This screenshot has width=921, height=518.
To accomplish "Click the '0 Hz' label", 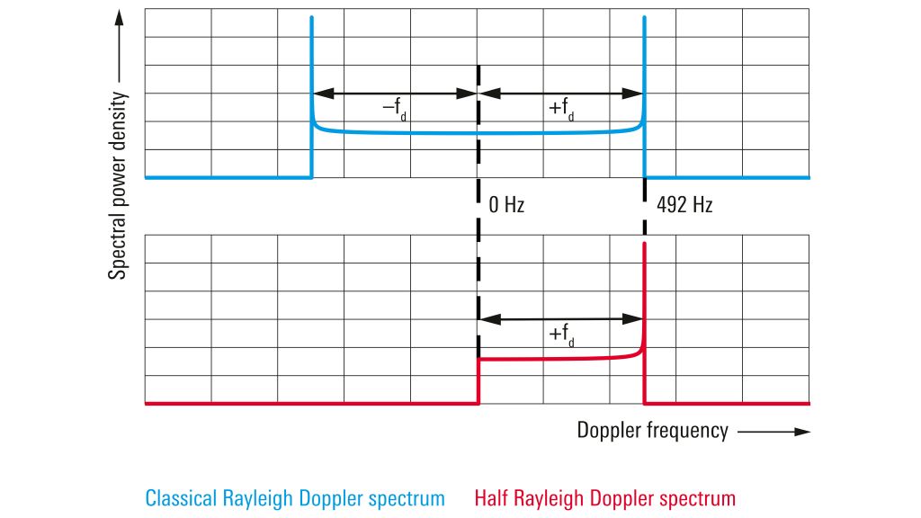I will pos(506,205).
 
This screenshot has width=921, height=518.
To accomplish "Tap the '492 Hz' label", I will pos(684,205).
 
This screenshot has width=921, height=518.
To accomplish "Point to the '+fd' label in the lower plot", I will pos(562,335).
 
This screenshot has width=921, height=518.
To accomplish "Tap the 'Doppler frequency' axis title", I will pos(652,431).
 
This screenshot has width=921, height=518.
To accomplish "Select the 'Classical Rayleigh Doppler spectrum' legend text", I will pos(295,497).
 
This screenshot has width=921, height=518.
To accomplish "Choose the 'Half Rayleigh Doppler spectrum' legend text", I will pos(604,497).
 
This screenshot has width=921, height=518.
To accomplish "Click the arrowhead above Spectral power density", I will pos(118,19).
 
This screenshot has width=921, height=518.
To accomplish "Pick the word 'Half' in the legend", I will pos(491,497).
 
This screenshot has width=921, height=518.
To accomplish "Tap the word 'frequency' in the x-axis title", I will pos(688,431).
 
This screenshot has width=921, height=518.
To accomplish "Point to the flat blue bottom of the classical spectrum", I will pos(477,133).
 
